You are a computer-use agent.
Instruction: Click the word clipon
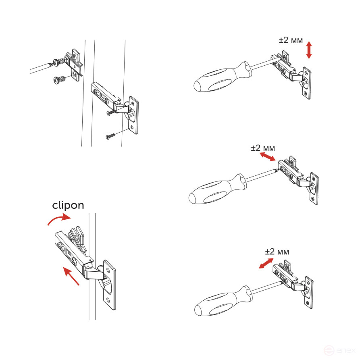68,205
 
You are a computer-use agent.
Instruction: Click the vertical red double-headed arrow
309,50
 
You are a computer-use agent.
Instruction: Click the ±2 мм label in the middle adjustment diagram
262,148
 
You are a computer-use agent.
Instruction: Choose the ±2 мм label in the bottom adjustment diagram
277,252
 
